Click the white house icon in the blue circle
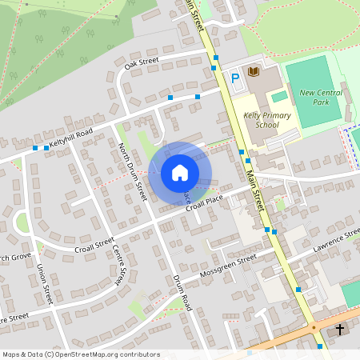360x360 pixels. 180,173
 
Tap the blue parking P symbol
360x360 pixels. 235,78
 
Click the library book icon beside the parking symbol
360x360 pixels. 254,72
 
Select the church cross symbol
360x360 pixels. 340,330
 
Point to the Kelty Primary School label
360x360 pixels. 266,120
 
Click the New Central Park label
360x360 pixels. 320,98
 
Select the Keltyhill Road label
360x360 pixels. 71,137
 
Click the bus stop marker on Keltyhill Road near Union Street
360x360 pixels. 35,148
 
